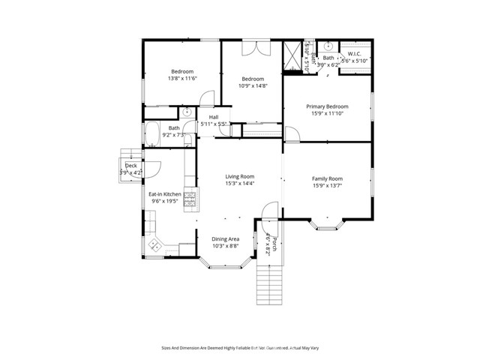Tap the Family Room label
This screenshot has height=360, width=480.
coord(327,178)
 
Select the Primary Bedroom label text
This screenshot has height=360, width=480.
coord(327,107)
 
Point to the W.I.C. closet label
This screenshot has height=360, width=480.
coord(355,53)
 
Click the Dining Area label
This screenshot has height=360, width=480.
coord(225,238)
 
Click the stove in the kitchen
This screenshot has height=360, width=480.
coord(190,199)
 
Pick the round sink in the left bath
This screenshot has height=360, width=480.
coord(186,112)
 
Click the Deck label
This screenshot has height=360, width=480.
coord(130,165)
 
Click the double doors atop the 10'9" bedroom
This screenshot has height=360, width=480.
coord(253,46)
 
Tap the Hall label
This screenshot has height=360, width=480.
coord(214,118)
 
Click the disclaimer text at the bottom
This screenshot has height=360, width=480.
coord(240,347)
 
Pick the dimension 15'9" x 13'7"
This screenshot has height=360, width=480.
coord(327,187)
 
